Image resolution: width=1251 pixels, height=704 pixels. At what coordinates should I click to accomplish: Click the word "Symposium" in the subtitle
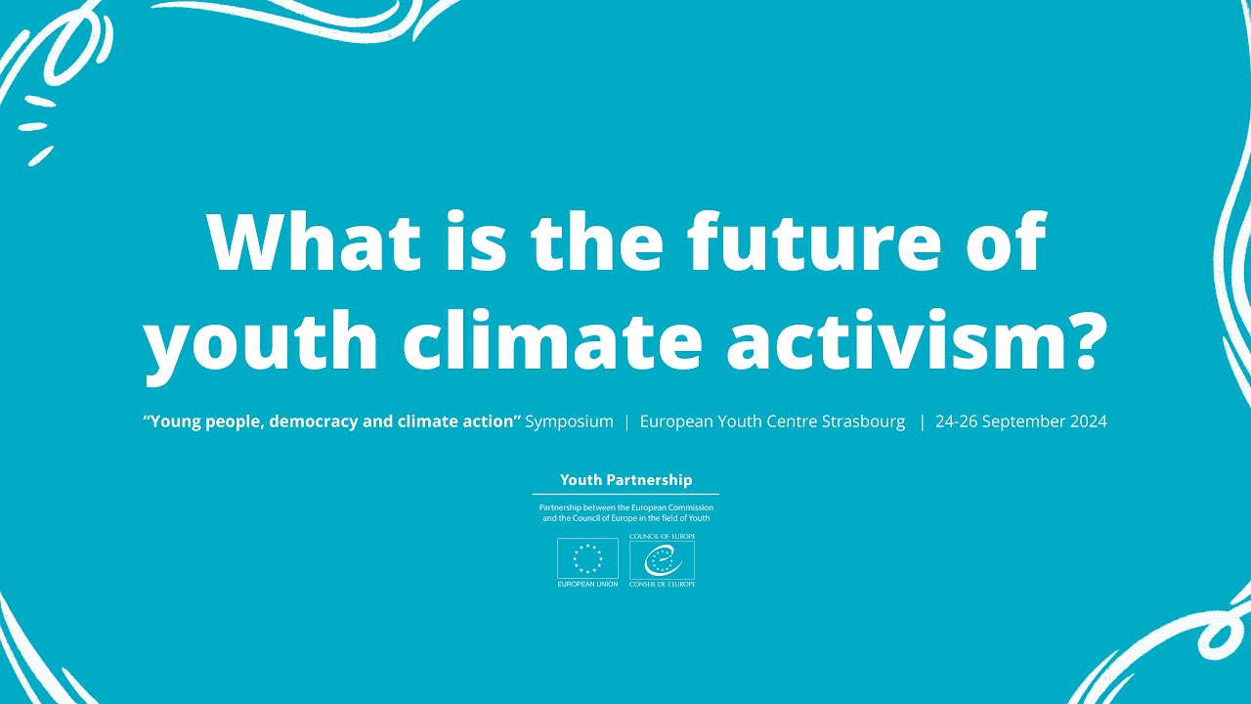click(x=570, y=422)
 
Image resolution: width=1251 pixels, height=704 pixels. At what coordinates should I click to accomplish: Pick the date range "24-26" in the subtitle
click(x=954, y=422)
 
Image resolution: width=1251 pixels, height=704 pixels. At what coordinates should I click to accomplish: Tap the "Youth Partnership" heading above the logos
click(x=625, y=480)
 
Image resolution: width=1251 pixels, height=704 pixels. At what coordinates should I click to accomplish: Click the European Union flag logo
click(x=587, y=558)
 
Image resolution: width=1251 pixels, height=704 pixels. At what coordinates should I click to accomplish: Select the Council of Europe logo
click(x=662, y=560)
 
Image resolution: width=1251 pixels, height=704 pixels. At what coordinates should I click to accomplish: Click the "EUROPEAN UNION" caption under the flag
click(x=587, y=585)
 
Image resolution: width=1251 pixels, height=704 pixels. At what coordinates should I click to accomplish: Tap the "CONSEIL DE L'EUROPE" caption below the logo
click(x=662, y=585)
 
